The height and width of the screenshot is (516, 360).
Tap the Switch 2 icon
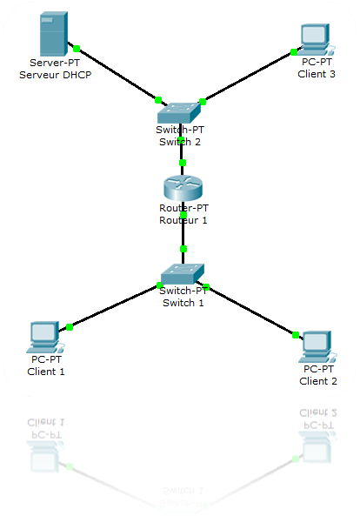[x=179, y=111]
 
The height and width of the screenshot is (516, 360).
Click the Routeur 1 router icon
[x=183, y=188]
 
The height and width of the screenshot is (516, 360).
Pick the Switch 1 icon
[x=183, y=273]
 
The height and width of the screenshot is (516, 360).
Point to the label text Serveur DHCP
[x=55, y=75]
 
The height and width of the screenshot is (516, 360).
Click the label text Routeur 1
[x=183, y=220]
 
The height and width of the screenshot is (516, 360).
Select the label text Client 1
[x=46, y=372]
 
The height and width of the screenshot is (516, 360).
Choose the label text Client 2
[x=318, y=381]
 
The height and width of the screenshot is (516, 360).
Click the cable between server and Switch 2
[x=117, y=74]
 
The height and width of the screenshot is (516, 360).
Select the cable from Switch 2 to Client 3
[x=248, y=77]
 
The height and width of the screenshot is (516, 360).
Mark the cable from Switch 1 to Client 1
[x=113, y=306]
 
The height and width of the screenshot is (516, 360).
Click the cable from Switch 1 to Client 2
[x=252, y=312]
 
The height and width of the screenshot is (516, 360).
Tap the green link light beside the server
[x=77, y=48]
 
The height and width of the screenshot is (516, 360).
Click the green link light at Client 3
[x=294, y=51]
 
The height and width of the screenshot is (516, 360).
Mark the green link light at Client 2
[x=296, y=335]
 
